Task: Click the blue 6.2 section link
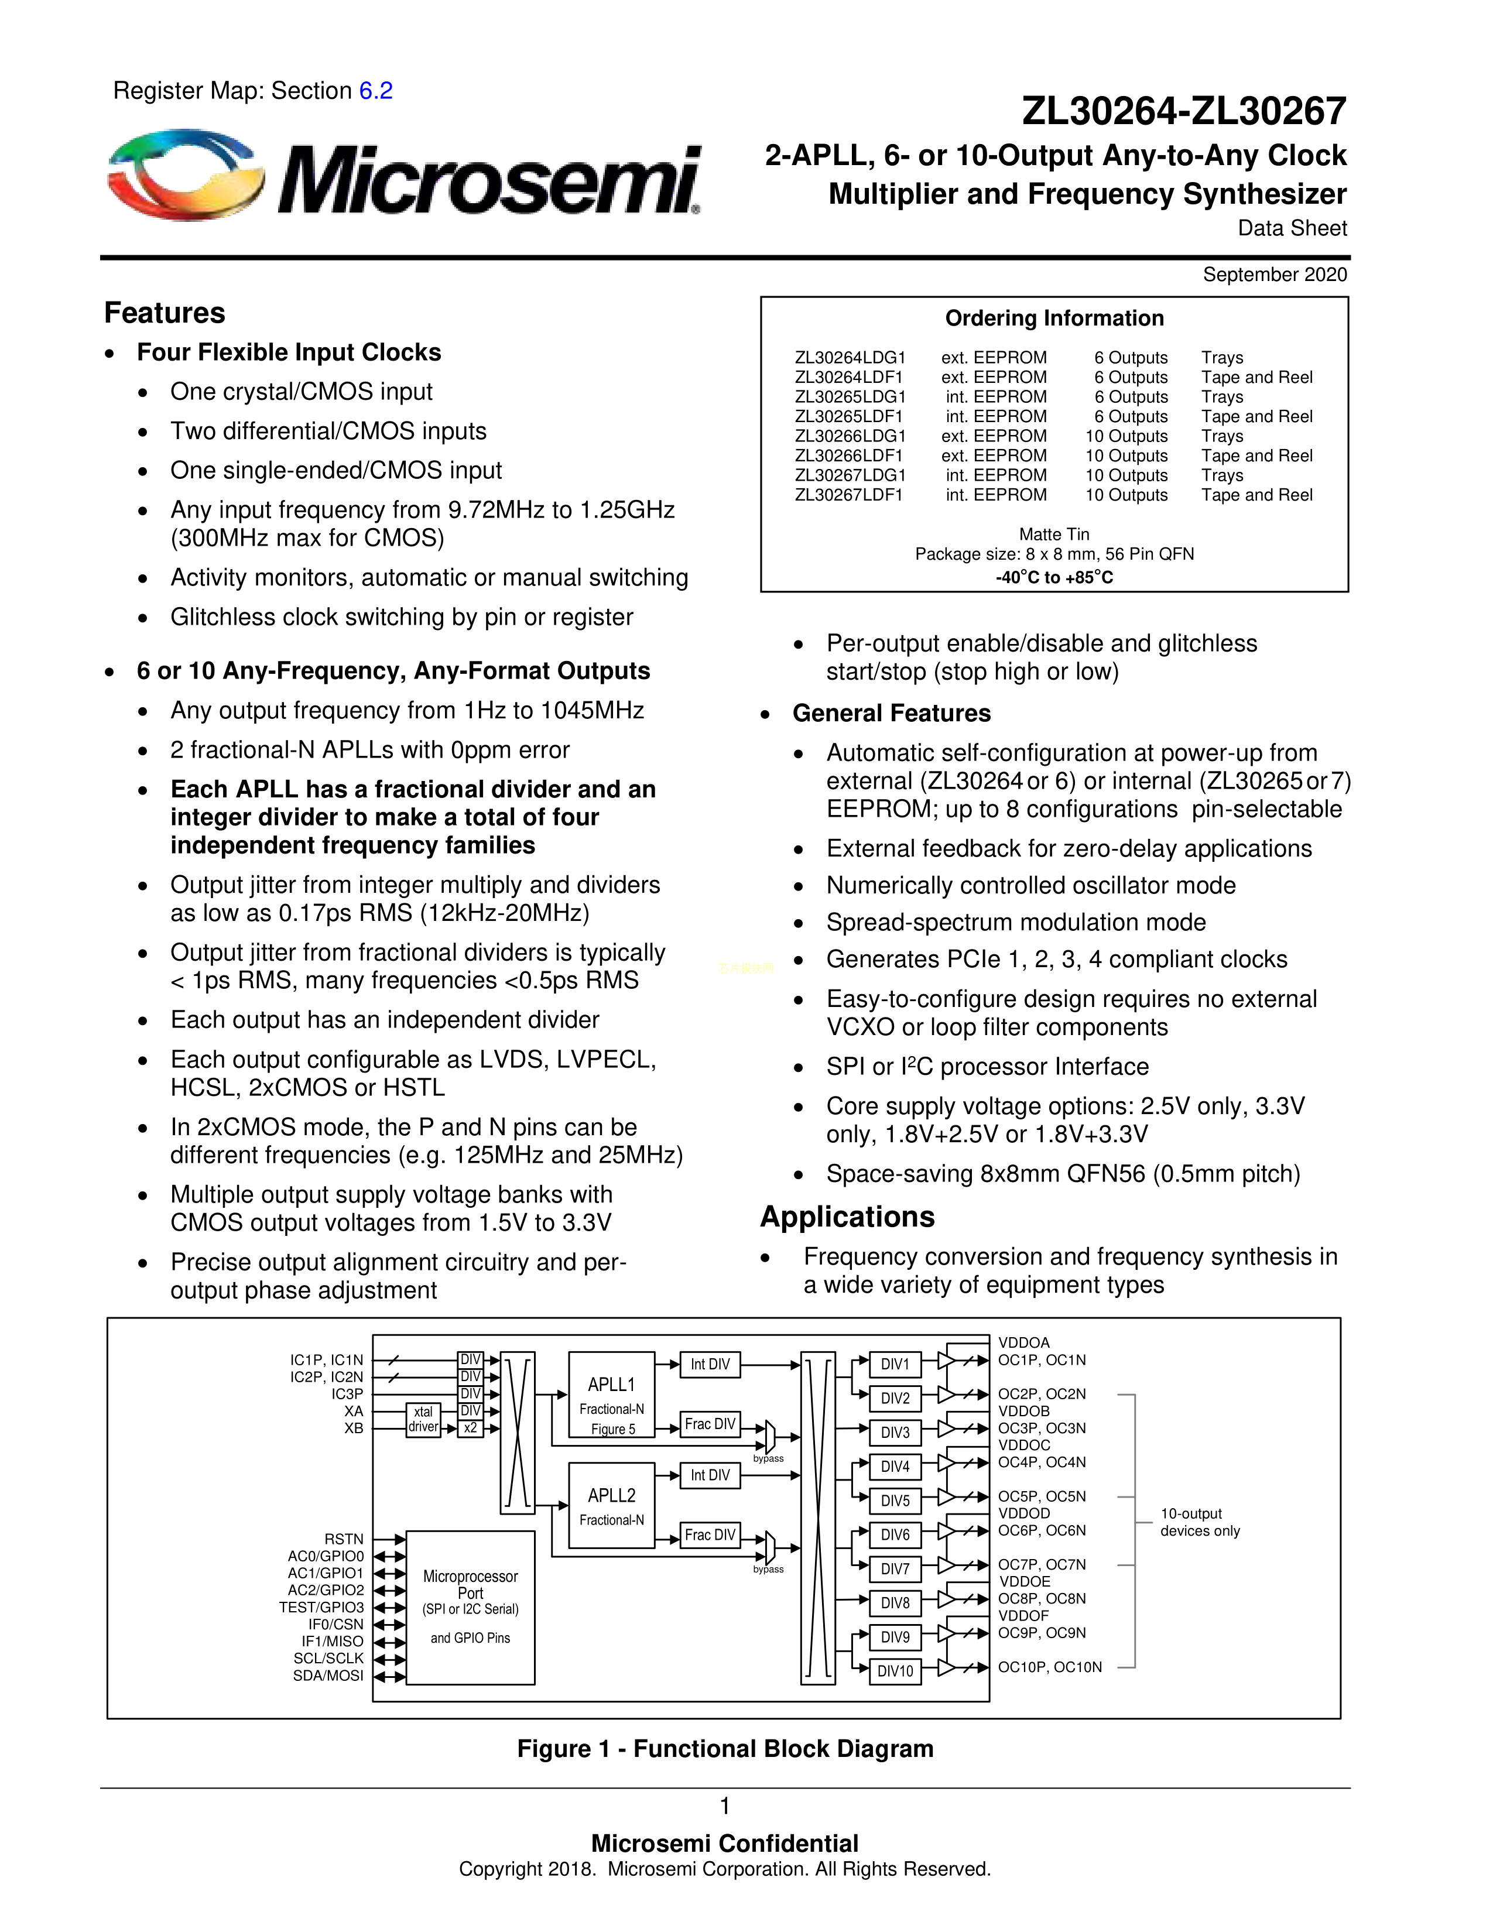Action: tap(375, 91)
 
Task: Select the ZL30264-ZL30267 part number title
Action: tap(1183, 111)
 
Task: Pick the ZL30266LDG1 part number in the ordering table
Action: tap(850, 436)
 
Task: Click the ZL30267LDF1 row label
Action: tap(848, 495)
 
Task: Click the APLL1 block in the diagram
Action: tap(611, 1394)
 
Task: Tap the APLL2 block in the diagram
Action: tap(611, 1505)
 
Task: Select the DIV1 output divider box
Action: tap(895, 1364)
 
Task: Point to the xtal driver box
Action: tap(424, 1419)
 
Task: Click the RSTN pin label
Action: tap(344, 1539)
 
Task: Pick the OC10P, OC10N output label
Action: tap(1050, 1667)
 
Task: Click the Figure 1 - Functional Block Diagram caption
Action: tap(725, 1749)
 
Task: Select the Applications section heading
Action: tap(847, 1217)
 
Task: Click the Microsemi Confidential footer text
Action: tap(724, 1844)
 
